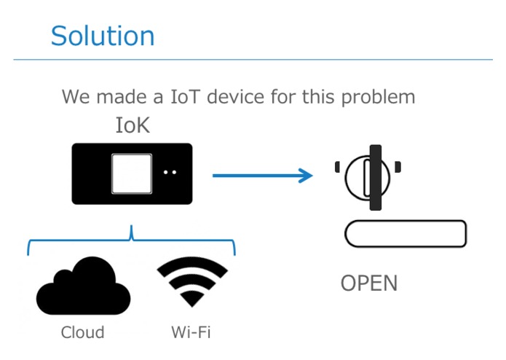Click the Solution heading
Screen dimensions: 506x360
[x=103, y=36]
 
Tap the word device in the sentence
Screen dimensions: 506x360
[x=236, y=96]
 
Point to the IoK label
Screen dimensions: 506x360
[x=133, y=125]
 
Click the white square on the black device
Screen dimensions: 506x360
[x=132, y=173]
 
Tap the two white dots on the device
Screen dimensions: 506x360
[x=170, y=173]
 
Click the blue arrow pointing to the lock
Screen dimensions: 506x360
[x=263, y=176]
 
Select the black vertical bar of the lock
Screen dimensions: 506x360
[x=376, y=178]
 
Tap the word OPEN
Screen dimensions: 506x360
[x=369, y=283]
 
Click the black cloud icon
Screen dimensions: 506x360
[x=83, y=286]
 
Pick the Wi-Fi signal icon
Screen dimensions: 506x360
[x=192, y=281]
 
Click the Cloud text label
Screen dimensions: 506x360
[x=82, y=332]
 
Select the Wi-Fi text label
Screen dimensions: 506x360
[x=191, y=332]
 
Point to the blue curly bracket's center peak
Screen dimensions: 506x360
[x=131, y=226]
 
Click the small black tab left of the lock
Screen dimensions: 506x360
[x=337, y=167]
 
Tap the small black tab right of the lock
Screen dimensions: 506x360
[x=398, y=167]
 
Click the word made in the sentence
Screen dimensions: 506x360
[x=122, y=96]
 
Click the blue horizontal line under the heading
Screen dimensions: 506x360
[x=253, y=60]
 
